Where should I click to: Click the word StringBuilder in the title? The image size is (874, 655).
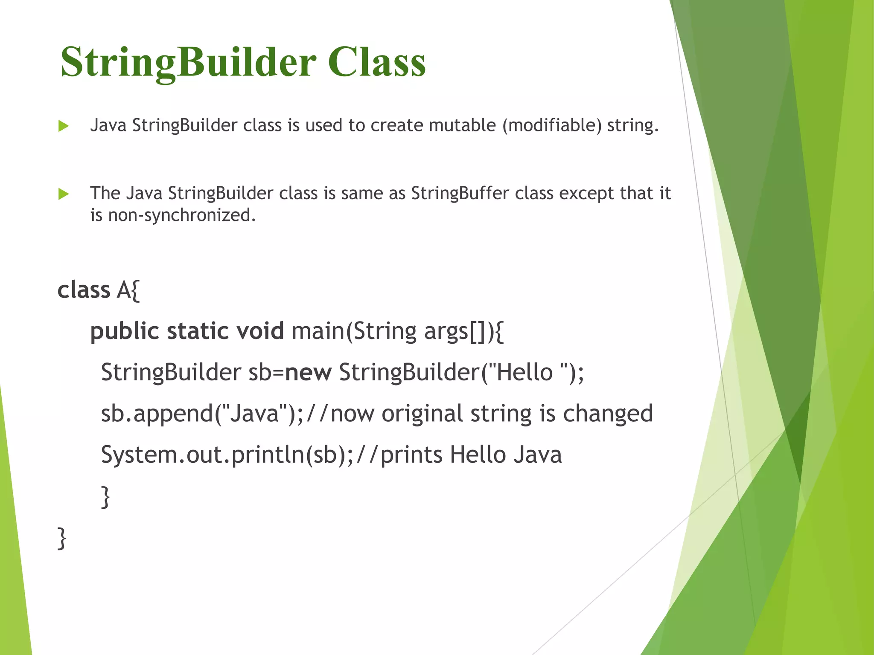pos(188,62)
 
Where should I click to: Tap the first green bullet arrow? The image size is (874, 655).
pos(64,126)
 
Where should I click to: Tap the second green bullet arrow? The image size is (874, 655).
pos(64,194)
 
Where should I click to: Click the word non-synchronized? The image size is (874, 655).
pos(182,215)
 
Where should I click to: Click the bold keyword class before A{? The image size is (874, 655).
pos(84,290)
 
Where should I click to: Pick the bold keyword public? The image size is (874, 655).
pos(125,331)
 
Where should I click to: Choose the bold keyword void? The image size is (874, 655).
pos(260,331)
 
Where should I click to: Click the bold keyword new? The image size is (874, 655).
pos(308,372)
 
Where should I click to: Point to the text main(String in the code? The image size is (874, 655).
pos(354,331)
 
